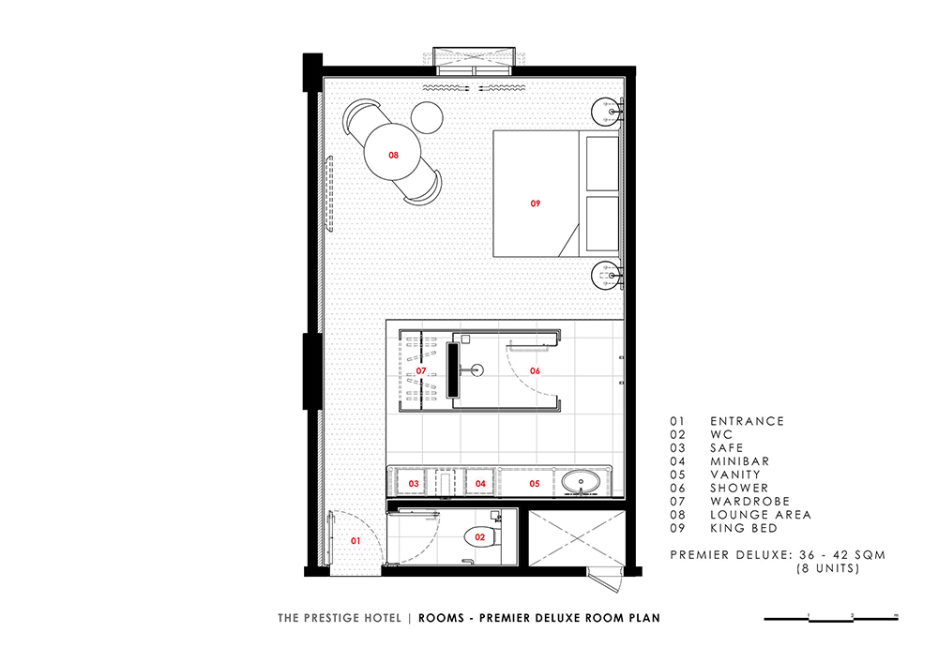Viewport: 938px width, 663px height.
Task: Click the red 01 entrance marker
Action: point(356,541)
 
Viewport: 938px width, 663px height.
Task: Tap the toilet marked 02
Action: point(480,537)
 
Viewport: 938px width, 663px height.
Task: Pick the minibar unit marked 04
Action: point(480,483)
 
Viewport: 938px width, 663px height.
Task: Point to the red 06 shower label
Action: point(535,371)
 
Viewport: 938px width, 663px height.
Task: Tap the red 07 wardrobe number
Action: point(421,371)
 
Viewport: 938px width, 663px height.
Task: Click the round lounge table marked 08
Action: point(392,152)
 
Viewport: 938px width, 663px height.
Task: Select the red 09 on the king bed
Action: point(536,203)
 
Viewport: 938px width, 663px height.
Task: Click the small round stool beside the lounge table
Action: point(427,118)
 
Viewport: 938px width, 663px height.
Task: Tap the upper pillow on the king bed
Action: point(602,164)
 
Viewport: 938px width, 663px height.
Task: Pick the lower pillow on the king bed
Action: point(602,223)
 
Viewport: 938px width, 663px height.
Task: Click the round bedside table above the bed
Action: point(607,112)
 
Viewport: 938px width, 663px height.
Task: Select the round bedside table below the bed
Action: point(607,276)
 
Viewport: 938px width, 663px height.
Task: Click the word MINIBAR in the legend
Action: point(740,461)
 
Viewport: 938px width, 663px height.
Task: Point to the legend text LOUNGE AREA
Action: point(761,515)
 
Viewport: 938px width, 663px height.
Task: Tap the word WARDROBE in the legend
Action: point(750,502)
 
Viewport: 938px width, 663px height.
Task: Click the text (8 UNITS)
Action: point(828,568)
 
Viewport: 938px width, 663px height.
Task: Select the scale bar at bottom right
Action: point(831,619)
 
